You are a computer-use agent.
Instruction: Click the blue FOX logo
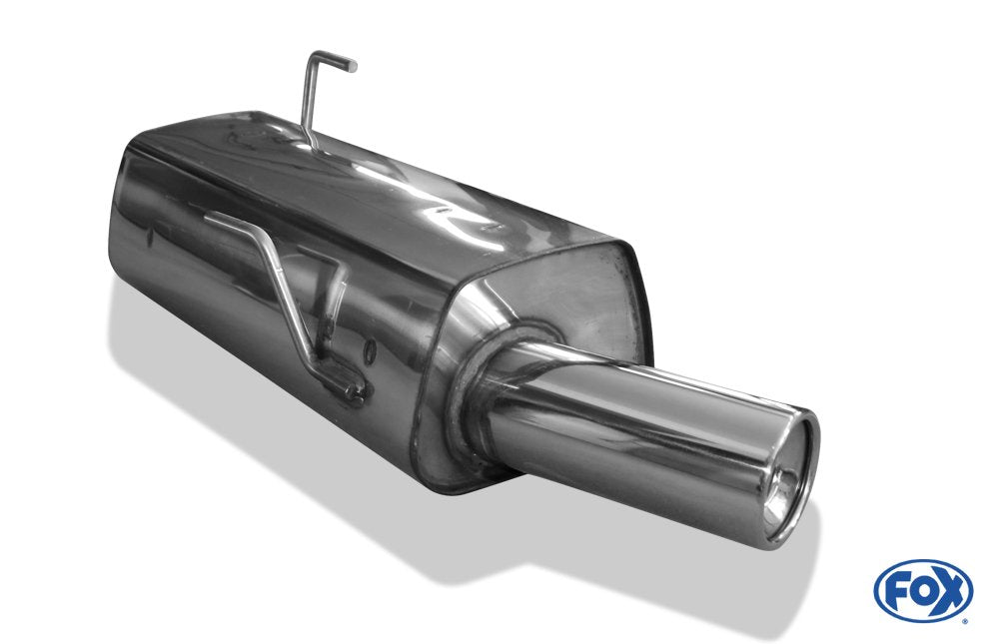click(922, 590)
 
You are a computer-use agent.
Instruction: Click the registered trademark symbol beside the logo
click(965, 619)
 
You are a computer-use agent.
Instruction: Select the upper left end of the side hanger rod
click(211, 215)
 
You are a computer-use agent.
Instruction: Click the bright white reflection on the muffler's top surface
click(440, 210)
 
